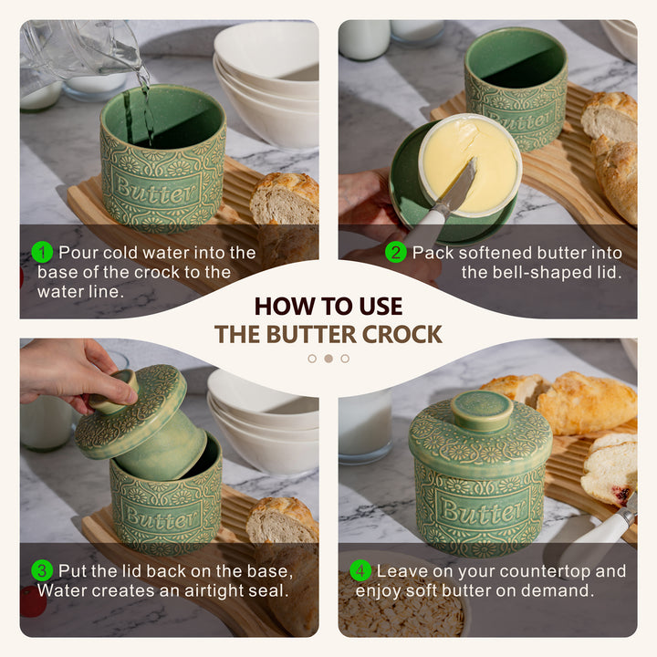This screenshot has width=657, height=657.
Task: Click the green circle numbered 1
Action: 42,252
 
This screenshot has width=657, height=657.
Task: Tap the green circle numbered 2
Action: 395,252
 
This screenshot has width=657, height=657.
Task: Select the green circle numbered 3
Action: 42,570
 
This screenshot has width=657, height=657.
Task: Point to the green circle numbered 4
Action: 360,570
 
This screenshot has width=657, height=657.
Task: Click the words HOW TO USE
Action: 328,307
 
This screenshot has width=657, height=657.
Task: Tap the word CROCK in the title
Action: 401,334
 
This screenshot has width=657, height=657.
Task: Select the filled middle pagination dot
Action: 328,359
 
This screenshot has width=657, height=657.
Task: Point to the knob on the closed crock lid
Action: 482,411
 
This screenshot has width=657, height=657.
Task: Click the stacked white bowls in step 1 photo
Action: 266,84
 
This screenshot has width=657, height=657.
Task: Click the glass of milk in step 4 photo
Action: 365,427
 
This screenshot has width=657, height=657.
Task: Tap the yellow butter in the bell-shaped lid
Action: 470,163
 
